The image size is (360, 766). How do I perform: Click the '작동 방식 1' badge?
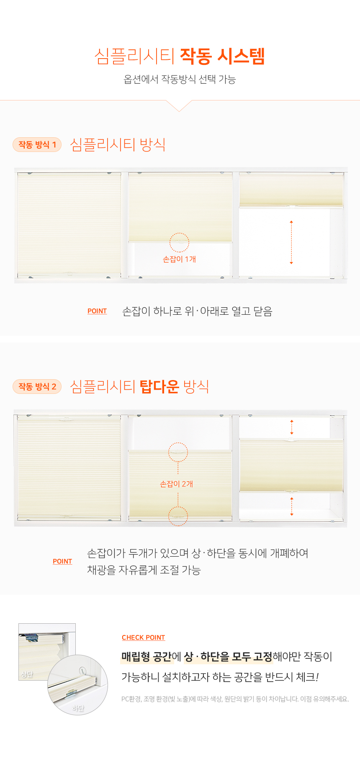point(37,145)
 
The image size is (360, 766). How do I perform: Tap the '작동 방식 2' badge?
point(37,387)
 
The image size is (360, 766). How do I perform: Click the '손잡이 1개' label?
point(180,260)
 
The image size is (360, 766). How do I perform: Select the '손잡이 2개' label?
point(177,484)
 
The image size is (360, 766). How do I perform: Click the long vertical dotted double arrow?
point(291,242)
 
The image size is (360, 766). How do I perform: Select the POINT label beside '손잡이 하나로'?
point(97,311)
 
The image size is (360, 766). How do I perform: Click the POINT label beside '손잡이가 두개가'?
point(62,562)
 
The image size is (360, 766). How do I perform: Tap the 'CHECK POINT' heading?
point(144,638)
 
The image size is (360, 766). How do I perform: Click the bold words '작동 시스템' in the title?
point(222,56)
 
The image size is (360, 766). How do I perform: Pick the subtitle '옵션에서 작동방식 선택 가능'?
point(180,80)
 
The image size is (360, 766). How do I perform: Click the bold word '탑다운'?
point(159,386)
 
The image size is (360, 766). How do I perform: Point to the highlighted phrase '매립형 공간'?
point(147,657)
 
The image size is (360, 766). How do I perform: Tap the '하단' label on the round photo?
point(78,708)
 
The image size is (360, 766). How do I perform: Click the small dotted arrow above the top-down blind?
point(292,427)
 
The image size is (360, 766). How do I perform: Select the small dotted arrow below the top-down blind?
point(292,506)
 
